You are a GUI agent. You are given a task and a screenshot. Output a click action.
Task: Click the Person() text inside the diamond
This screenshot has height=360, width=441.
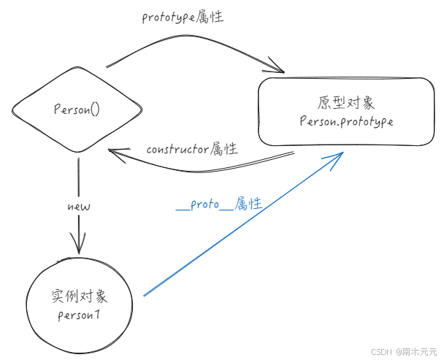pyautogui.click(x=77, y=109)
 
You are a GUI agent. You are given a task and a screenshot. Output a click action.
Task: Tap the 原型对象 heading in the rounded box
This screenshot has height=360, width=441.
pyautogui.click(x=346, y=103)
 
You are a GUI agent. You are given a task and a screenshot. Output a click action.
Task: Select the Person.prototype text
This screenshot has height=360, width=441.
pyautogui.click(x=346, y=121)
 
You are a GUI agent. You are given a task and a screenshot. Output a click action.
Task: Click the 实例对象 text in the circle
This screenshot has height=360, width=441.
pyautogui.click(x=80, y=296)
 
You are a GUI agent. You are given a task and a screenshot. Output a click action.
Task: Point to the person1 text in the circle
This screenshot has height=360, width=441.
pyautogui.click(x=79, y=315)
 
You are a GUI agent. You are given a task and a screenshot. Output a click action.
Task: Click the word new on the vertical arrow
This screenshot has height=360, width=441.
pyautogui.click(x=79, y=207)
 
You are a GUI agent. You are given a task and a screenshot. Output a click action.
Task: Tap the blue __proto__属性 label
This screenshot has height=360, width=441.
pyautogui.click(x=219, y=204)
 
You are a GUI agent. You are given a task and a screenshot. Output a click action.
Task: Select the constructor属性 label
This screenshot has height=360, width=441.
pyautogui.click(x=192, y=149)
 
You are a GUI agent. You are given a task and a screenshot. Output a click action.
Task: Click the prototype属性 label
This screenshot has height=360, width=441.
pyautogui.click(x=183, y=17)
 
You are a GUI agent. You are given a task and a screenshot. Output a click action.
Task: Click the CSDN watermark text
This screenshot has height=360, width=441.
pyautogui.click(x=381, y=351)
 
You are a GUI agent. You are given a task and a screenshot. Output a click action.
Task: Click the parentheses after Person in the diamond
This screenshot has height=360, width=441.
pyautogui.click(x=96, y=110)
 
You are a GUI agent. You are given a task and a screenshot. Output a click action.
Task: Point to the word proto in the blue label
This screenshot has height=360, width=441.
pyautogui.click(x=204, y=204)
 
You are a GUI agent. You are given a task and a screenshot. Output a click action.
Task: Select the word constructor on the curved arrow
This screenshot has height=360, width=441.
pyautogui.click(x=177, y=150)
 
